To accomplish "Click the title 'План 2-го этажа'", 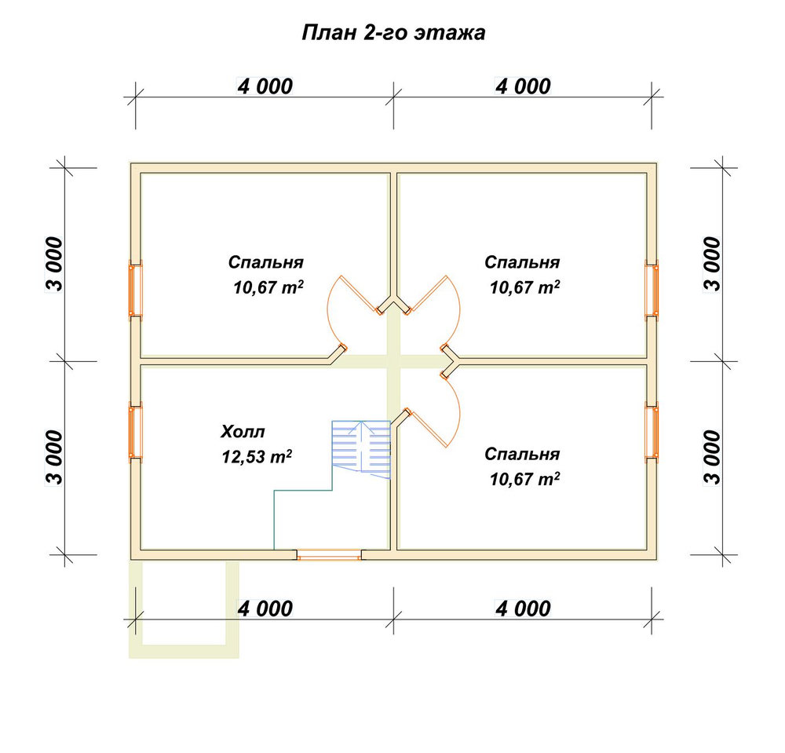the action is (393, 32).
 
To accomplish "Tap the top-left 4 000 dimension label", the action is (265, 86).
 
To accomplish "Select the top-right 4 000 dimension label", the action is (523, 86).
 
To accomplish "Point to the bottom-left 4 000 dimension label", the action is (265, 609).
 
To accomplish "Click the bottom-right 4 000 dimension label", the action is (523, 609).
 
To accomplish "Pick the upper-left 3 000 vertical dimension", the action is (55, 264).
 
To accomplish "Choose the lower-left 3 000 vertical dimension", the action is (55, 458).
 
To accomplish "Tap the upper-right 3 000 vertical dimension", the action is (713, 264).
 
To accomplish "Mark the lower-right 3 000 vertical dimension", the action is (713, 458).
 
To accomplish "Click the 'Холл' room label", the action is (243, 432).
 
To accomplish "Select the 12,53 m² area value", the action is (257, 457).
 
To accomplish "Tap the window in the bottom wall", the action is (329, 554).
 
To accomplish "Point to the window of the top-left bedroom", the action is (136, 289).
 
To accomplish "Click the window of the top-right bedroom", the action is (652, 289).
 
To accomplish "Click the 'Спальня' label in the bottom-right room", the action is (522, 454).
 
